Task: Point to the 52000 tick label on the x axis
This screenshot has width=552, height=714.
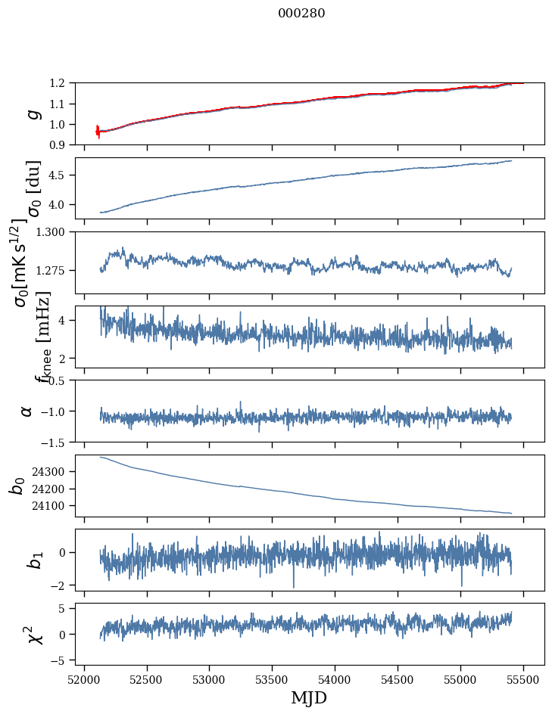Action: pos(84,678)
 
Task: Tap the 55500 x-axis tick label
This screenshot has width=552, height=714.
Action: pos(524,678)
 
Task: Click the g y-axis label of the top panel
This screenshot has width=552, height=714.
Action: pos(31,113)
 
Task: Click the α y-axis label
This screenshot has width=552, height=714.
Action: pos(27,411)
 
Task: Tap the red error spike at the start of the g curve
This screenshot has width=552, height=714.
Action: pos(98,131)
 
